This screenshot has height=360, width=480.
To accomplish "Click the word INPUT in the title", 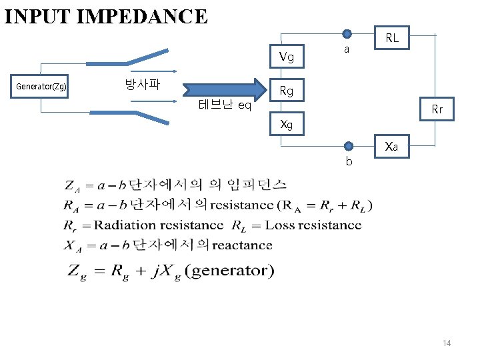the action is point(37,15).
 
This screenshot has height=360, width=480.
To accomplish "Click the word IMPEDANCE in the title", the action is point(142,15).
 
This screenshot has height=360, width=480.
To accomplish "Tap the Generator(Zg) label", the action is point(41,87).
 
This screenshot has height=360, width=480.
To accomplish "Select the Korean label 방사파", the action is point(142,85).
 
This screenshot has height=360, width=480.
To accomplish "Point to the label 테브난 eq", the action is point(225,105).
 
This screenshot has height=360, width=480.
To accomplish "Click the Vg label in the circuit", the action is point(287,57).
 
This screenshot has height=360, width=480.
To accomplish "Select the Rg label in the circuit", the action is point(287,91).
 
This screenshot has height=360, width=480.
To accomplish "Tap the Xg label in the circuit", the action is point(287,124).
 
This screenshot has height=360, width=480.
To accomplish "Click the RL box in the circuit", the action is point(392,39).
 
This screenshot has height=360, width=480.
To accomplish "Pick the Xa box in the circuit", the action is point(392,147).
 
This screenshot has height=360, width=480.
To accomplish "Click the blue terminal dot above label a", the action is point(347,34).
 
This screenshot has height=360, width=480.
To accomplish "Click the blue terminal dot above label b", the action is point(347,146).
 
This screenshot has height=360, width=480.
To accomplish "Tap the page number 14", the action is point(447,343).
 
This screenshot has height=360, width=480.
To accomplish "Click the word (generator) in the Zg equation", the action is point(229,270).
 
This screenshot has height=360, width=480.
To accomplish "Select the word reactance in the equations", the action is point(243,245).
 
